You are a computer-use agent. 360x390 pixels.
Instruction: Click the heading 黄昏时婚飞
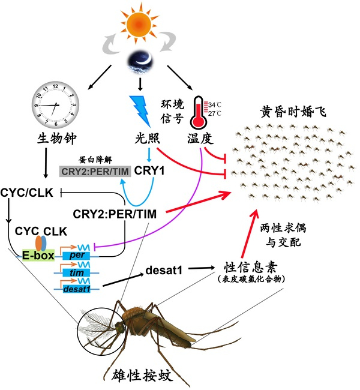(x=293, y=110)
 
